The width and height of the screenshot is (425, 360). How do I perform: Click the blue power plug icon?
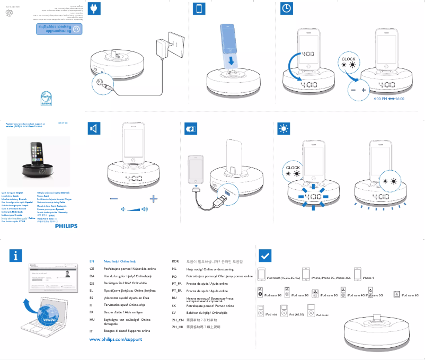(x=94, y=9)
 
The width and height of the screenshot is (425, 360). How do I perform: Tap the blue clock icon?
(x=286, y=9)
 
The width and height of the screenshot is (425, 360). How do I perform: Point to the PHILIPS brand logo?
(x=66, y=225)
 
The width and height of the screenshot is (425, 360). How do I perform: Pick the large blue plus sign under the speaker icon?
(x=154, y=198)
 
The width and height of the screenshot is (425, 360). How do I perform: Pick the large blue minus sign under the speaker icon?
(x=114, y=198)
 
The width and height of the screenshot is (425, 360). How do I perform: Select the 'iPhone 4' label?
(x=368, y=278)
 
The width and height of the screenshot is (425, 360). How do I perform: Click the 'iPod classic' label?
(x=323, y=315)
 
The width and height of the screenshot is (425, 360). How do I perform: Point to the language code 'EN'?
(x=92, y=261)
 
